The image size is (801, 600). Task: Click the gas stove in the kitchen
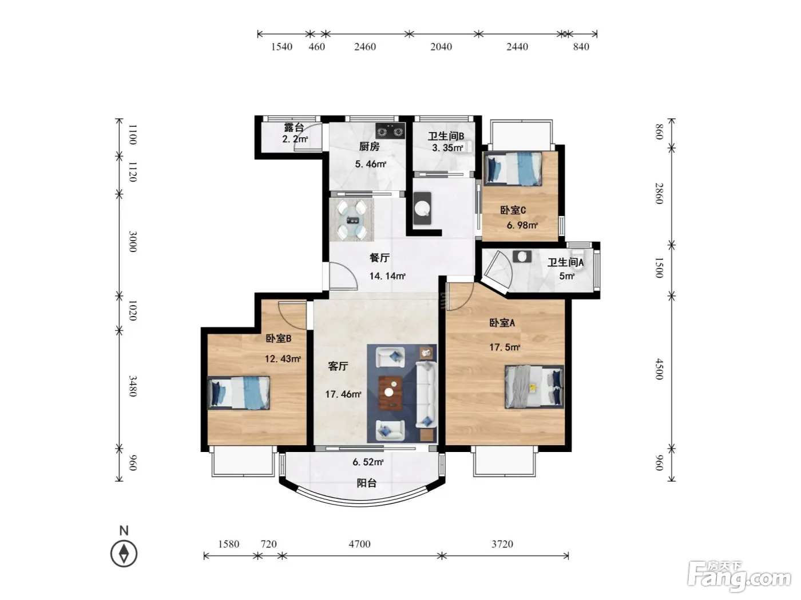(x=390, y=131)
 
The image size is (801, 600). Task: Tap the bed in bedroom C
(x=512, y=169)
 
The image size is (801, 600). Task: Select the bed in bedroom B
(x=239, y=393)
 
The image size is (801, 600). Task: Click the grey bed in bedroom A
(x=534, y=386)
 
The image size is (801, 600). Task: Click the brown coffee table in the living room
(x=390, y=393)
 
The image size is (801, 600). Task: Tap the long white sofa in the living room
(x=426, y=394)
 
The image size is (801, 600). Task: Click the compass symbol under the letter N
(x=124, y=553)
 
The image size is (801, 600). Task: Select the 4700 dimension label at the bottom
(x=359, y=544)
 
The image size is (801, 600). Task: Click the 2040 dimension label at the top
(x=441, y=47)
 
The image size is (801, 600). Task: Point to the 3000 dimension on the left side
(x=133, y=241)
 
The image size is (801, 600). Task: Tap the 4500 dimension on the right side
(x=659, y=369)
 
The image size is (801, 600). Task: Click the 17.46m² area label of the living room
(x=343, y=394)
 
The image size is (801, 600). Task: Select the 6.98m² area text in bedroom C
(x=522, y=225)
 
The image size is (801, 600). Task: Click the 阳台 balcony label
(x=366, y=483)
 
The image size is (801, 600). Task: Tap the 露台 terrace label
(x=294, y=127)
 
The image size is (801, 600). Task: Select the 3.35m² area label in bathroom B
(x=447, y=147)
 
